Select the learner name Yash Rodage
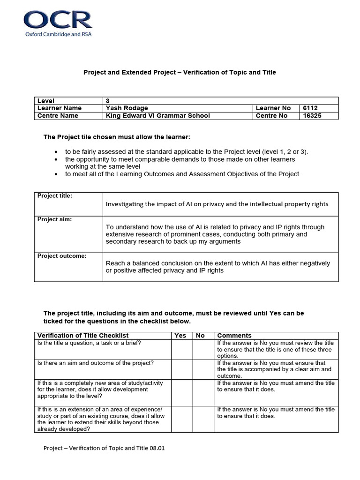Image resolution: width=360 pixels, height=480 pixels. pos(127,108)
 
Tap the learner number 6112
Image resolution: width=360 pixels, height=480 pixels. pos(310,108)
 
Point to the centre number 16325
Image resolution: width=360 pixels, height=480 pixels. pos(312,116)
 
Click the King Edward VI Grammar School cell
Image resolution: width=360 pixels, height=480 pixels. pos(158,116)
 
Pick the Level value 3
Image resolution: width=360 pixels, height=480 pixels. pos(108,101)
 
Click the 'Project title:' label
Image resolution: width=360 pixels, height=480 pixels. pos(55,196)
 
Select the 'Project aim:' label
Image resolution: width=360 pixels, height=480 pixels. pos(54,220)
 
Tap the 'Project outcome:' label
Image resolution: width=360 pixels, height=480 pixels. pos(59,256)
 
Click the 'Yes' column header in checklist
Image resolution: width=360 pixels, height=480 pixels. pos(180,336)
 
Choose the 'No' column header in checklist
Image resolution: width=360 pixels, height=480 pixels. pos(200,336)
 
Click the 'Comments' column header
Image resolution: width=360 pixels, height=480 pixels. pos(234,336)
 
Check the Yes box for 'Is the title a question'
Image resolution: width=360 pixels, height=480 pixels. pos(182,349)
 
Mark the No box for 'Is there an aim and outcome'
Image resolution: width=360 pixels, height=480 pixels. pos(203,369)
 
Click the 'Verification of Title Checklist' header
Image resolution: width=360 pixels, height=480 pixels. pos(83,336)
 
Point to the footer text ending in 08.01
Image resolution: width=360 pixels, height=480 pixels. pos(104,448)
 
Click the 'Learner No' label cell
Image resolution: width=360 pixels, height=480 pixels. pos(273,108)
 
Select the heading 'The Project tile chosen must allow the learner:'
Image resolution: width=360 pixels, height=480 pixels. pos(117,137)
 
